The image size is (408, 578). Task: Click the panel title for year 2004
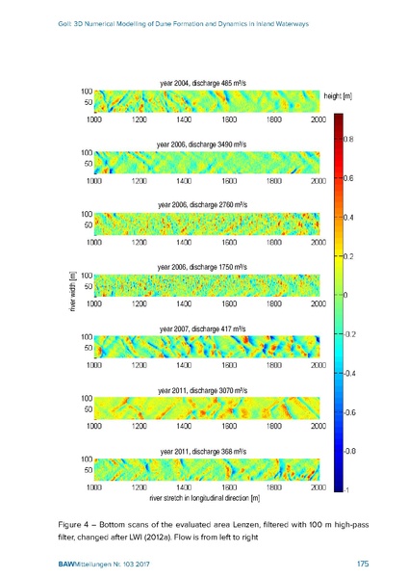pos(203,83)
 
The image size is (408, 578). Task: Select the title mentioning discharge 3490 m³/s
pos(201,144)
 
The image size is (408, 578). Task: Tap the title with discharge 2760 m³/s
pos(202,205)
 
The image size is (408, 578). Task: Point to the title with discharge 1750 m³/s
pos(202,267)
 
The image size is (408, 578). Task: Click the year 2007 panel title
pos(202,328)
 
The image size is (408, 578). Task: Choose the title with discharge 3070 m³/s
pos(202,390)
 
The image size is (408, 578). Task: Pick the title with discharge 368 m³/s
pos(203,452)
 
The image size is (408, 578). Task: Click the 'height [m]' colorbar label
pos(338,96)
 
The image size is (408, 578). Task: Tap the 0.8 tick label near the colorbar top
pos(348,140)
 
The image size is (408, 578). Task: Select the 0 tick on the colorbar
pos(345,296)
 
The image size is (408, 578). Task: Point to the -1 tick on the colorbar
pos(345,490)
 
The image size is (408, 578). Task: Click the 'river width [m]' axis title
pos(72,291)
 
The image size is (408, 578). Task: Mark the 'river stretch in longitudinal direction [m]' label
pos(205,498)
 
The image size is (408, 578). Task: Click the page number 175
pos(363,564)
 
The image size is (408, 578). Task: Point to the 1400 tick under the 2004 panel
pos(184,119)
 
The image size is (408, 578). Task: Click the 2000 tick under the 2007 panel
pos(319,365)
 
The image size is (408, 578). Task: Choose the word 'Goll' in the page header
pos(64,24)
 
